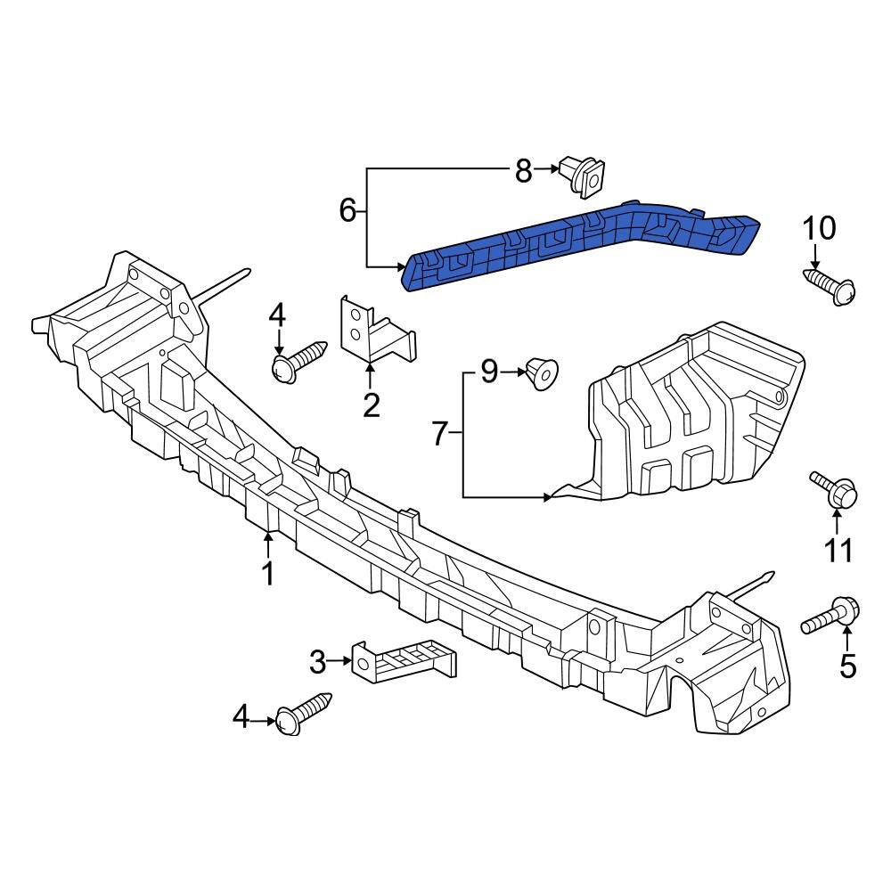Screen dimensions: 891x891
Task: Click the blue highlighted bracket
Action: pos(579,245)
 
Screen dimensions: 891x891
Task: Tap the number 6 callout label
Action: pos(348,211)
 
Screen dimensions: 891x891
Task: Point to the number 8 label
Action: pos(523,170)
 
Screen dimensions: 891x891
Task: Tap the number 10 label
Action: pos(820,229)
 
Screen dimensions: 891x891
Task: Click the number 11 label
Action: pos(838,551)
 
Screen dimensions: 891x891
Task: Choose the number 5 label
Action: pos(847,664)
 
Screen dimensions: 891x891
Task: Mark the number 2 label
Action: pos(372,405)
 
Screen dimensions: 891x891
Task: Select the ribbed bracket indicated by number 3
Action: pos(405,661)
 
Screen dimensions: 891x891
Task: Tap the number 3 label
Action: pos(318,662)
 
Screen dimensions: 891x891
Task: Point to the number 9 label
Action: pos(489,372)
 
